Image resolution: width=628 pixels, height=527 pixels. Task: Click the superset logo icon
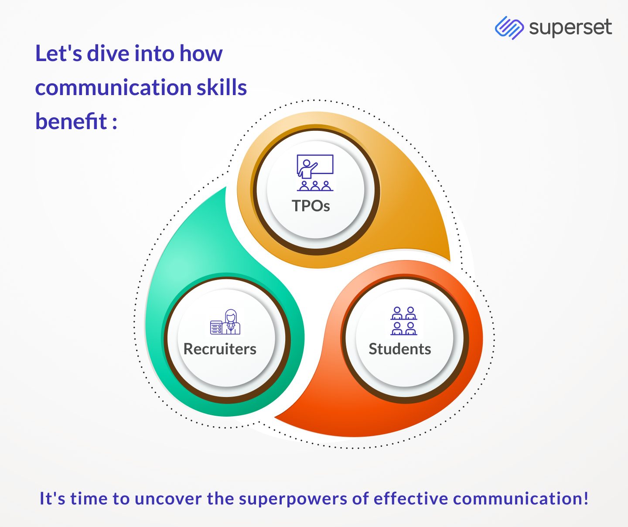pos(509,27)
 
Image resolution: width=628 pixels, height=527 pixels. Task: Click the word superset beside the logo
pos(570,28)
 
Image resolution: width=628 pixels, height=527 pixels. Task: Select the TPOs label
pos(311,206)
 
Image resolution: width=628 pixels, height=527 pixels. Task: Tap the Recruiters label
pos(220,349)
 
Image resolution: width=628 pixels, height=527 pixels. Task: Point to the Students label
pos(400,349)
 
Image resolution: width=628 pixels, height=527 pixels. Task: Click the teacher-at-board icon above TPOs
pos(315,173)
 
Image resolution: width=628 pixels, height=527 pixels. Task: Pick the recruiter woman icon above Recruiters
pos(225,322)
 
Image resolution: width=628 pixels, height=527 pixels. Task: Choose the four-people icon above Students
pos(404,321)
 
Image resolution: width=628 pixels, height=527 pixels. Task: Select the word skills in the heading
pos(222,87)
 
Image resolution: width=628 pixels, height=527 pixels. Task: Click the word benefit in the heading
pos(71,121)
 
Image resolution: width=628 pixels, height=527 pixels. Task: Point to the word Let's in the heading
pos(58,53)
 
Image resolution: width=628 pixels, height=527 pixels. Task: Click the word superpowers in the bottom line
pos(293,500)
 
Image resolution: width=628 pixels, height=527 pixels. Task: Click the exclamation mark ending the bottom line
pos(586,498)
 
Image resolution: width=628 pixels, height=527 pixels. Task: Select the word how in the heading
pos(201,53)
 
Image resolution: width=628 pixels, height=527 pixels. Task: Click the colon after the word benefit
pos(115,123)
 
